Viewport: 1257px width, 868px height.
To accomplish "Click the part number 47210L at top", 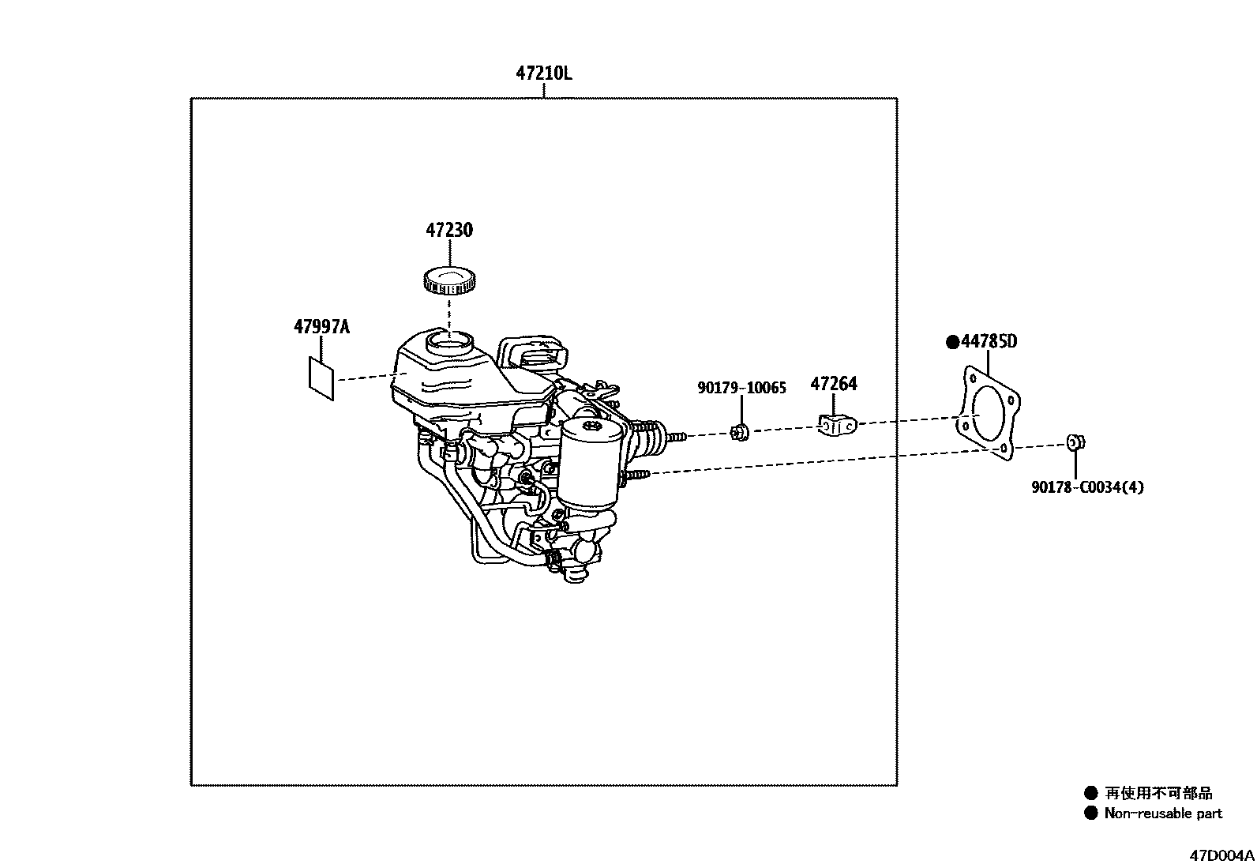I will pos(543,73).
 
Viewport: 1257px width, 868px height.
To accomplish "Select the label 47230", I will pos(449,230).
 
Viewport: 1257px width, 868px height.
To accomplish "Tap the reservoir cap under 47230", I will pos(449,280).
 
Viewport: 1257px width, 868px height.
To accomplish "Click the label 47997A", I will pos(321,326).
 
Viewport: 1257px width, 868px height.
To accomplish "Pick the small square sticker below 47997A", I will pos(321,378).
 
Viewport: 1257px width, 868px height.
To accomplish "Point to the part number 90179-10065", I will pos(741,388).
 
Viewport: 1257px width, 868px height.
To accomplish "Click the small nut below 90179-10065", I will pos(740,432).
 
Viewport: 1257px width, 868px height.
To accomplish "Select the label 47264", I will pos(833,384).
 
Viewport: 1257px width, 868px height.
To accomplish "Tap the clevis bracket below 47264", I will pos(836,425).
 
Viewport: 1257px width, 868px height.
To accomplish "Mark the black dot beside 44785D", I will pos(953,342).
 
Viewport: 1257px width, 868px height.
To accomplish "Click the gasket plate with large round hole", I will pos(987,414).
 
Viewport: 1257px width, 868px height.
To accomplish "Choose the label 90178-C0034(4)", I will pos(1086,487).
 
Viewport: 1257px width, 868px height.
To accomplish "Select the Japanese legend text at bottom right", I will pos(1158,793).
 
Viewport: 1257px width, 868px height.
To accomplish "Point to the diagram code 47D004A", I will pos(1222,855).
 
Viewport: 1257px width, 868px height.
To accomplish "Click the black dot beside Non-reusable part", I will pos(1091,814).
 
